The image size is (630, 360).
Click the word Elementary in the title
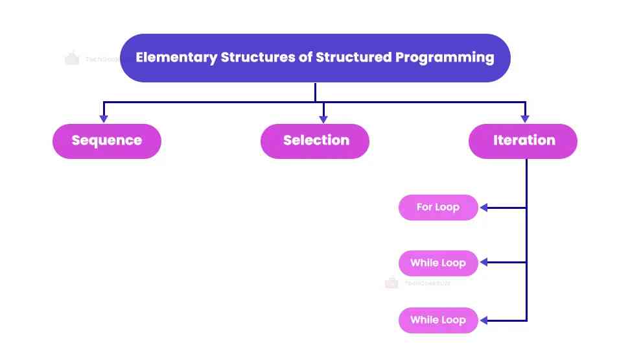tap(176, 57)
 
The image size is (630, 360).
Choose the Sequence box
tap(106, 141)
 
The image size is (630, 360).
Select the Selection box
tap(315, 141)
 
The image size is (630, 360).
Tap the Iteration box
tap(523, 141)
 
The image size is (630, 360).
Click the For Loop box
tap(438, 208)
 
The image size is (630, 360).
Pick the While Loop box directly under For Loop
tap(438, 263)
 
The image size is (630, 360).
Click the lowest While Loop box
tap(438, 320)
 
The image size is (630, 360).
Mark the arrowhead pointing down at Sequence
tap(103, 119)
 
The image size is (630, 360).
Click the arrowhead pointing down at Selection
tap(323, 119)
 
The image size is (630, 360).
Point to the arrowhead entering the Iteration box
tap(525, 119)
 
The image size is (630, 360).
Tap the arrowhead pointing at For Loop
tap(484, 208)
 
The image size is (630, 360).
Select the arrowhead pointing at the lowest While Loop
tap(484, 320)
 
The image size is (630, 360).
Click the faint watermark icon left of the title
tap(72, 58)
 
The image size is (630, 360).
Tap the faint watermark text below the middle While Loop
tap(426, 283)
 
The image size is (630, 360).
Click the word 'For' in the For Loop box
tap(425, 208)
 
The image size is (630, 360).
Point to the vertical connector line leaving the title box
tap(316, 91)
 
